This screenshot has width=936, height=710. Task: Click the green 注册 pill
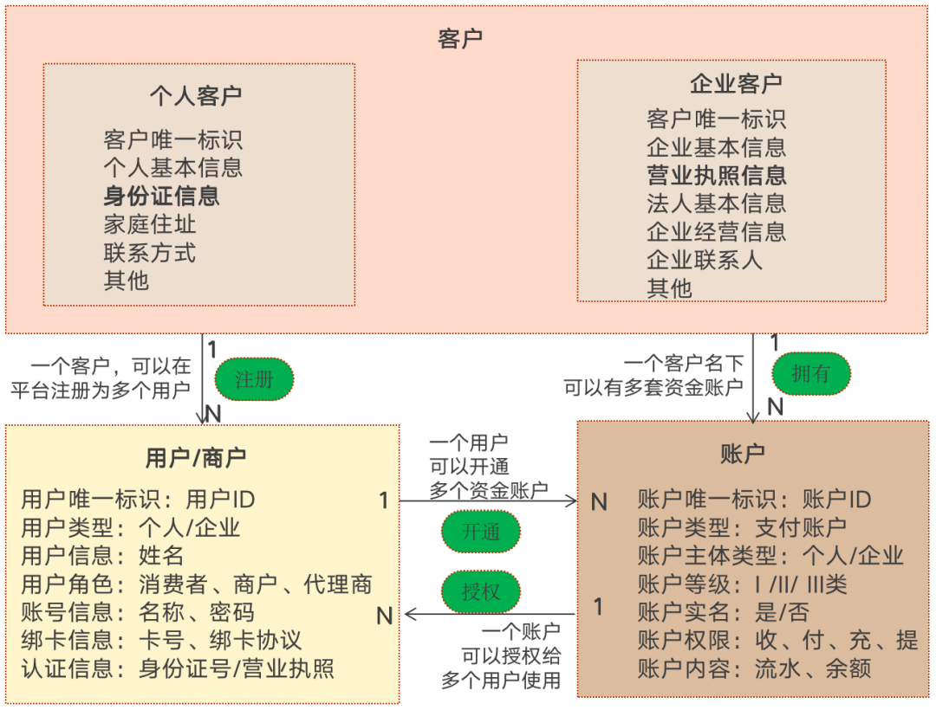pos(254,379)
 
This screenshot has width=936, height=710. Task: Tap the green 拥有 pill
pos(810,373)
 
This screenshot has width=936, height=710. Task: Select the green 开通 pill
pos(481,532)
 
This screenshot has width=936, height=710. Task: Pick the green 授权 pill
pos(481,592)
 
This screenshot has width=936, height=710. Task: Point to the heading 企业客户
pos(735,83)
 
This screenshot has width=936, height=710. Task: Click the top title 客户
pos(460,38)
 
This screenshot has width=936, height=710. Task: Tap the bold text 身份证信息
pos(162,196)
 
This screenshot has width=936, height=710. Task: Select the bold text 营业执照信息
pos(717,176)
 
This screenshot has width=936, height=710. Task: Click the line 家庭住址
pos(150,224)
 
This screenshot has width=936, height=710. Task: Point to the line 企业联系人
pos(705,260)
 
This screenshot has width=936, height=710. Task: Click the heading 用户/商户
pos(196,457)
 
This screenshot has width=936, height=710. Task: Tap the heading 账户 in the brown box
pos(743,453)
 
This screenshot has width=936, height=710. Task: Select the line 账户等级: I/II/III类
pos(743,584)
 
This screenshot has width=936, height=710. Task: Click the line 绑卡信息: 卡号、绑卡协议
pos(162,641)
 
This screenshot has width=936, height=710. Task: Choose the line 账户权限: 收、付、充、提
pos(777,641)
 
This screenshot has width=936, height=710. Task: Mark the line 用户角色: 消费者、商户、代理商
pos(197,584)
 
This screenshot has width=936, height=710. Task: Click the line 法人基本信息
pos(717,203)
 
